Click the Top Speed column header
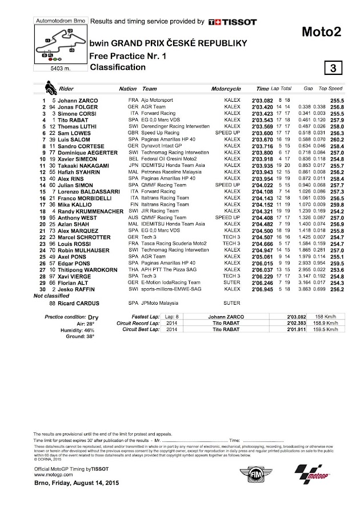point(330,89)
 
